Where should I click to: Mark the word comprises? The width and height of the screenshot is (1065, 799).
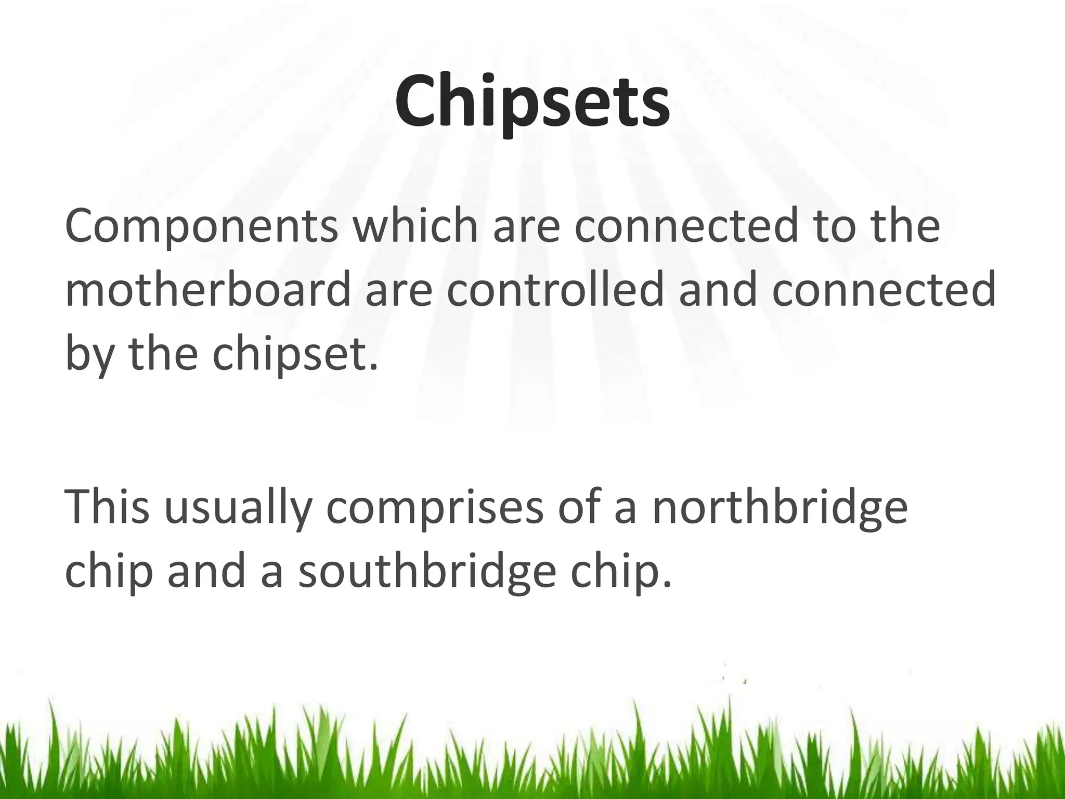pyautogui.click(x=435, y=507)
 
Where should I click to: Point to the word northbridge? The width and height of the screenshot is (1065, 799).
pyautogui.click(x=780, y=507)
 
